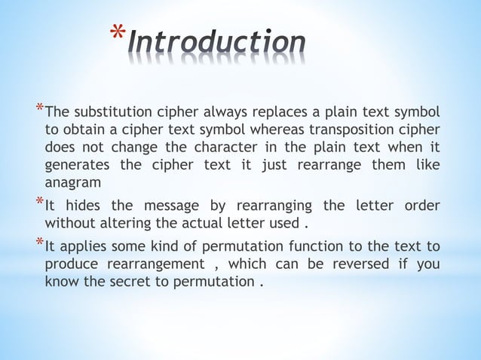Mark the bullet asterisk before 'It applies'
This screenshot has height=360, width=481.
pos(39,243)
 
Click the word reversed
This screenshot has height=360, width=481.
pos(357,264)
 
